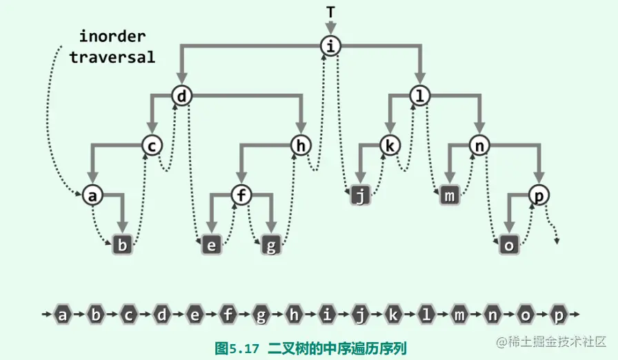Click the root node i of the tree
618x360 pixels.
click(332, 47)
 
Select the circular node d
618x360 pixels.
click(181, 96)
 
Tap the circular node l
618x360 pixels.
click(419, 96)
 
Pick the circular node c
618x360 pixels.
click(152, 145)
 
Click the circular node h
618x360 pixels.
click(300, 145)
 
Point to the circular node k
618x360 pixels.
click(390, 145)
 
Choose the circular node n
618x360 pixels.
click(479, 145)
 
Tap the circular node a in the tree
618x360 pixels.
click(92, 195)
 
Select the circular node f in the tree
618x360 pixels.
click(241, 195)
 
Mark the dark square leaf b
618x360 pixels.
click(122, 245)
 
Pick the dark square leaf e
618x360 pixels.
click(211, 245)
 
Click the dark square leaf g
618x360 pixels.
click(270, 245)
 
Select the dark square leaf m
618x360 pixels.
click(450, 196)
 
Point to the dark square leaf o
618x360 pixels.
click(509, 245)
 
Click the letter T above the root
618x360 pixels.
click(331, 12)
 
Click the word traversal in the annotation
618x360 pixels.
click(112, 57)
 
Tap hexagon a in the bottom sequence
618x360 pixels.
click(63, 316)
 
